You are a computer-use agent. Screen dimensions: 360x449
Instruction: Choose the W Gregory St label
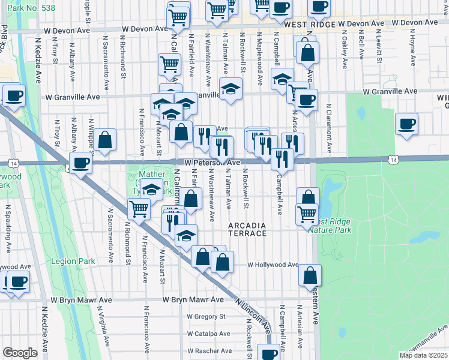(206, 316)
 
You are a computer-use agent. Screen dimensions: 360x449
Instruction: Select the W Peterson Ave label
(212, 163)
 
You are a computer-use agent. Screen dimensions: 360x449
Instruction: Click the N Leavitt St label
(380, 45)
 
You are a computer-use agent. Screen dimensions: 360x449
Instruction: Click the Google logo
(20, 353)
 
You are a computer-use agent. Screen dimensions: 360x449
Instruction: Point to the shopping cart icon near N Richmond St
(139, 209)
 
